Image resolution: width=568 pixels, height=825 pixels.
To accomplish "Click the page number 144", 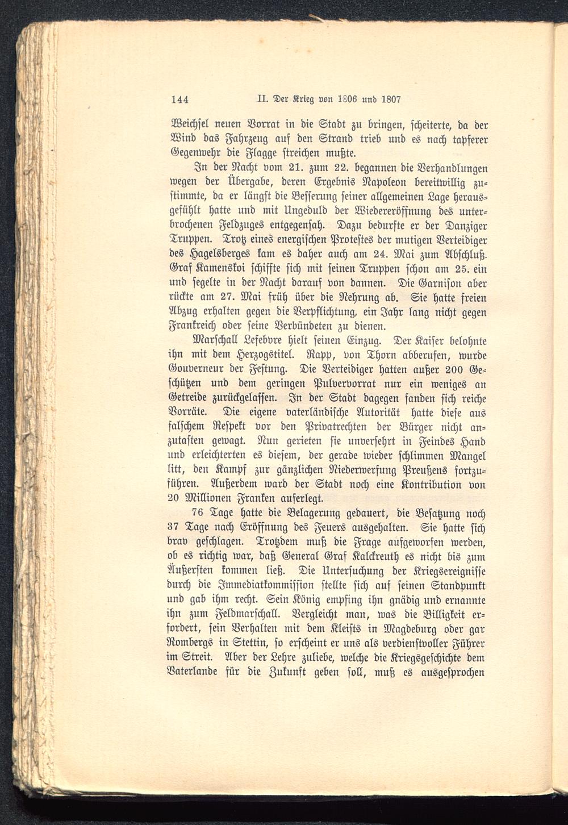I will coord(179,99).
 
